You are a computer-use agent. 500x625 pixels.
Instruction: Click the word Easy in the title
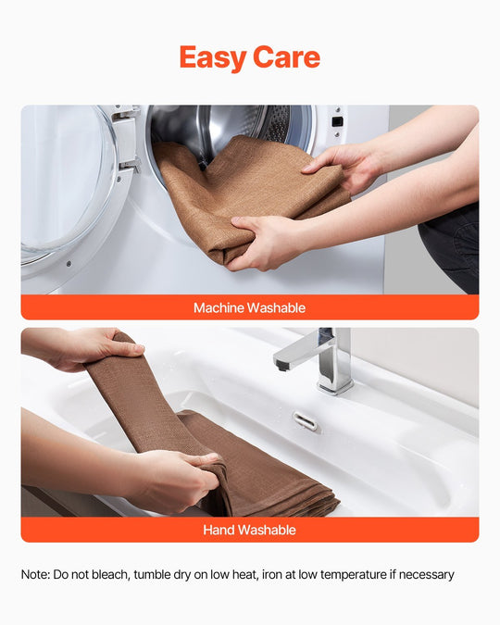(x=213, y=58)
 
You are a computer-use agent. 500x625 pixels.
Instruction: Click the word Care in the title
(x=286, y=57)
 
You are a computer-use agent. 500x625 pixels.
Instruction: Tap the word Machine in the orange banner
(x=219, y=307)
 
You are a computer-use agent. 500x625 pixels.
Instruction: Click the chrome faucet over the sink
(x=319, y=359)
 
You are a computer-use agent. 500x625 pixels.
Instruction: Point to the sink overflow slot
(x=305, y=421)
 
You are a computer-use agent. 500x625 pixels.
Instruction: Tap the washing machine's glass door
(x=66, y=187)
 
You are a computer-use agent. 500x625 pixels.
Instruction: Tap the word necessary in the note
(x=426, y=576)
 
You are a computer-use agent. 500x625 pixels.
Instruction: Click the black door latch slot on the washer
(x=337, y=121)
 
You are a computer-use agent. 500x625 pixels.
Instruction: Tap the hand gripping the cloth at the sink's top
(x=95, y=347)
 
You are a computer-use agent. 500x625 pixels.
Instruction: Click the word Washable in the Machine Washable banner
(x=276, y=307)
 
